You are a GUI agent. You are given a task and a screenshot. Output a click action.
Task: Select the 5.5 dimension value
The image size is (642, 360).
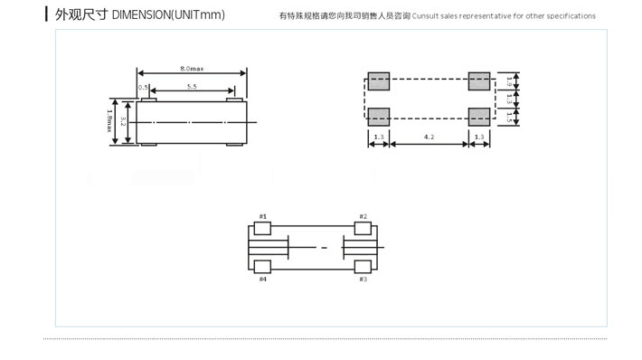tap(193, 87)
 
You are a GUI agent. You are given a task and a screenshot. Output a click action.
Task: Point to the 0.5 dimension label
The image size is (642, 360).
tap(143, 88)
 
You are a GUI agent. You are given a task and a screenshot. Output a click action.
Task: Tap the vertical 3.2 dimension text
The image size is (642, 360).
tap(122, 120)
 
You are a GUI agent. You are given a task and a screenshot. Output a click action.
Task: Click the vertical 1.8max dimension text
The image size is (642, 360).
tap(109, 120)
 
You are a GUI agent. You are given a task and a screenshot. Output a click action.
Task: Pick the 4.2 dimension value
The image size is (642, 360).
tap(430, 137)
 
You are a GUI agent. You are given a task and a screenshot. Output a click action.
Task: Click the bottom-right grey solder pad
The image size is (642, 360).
tap(479, 116)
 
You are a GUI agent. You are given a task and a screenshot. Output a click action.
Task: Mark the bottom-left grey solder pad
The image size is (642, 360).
tap(379, 116)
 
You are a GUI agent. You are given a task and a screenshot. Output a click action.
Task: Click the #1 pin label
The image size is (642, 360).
tap(263, 216)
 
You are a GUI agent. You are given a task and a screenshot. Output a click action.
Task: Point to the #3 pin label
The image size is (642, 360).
tap(363, 279)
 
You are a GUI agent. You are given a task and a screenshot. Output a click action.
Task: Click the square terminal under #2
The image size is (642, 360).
tap(363, 229)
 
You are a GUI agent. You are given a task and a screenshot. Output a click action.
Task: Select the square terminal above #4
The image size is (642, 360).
tap(263, 266)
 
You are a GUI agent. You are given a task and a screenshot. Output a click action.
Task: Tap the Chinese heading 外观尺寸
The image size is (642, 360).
tap(81, 15)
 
